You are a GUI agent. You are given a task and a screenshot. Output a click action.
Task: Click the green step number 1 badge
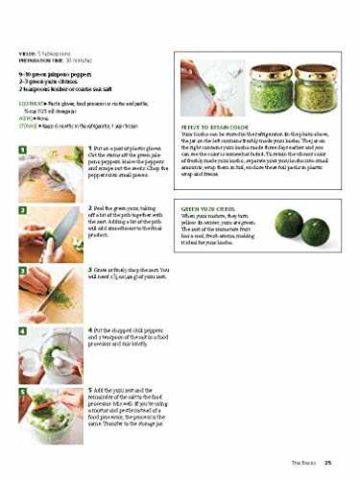22,150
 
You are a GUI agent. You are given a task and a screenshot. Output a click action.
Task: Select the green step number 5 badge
22,390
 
